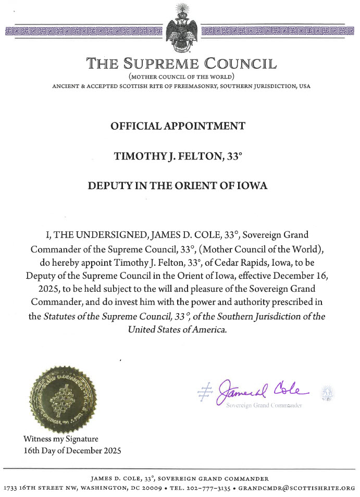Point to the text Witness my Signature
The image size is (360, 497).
60,439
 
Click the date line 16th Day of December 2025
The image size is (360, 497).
72,450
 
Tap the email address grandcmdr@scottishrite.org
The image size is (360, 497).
302,489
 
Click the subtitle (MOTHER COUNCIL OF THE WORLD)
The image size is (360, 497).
180,77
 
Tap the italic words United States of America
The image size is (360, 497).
178,329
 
